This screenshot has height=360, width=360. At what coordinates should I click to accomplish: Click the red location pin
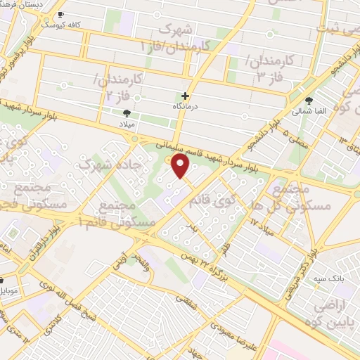(181, 167)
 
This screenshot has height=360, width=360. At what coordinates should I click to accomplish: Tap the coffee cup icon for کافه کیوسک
(61, 15)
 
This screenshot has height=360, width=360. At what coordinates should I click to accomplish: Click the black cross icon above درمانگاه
(186, 96)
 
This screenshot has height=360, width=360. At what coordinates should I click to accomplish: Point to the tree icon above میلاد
(127, 112)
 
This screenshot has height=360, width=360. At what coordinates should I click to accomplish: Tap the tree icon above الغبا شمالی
(309, 100)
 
